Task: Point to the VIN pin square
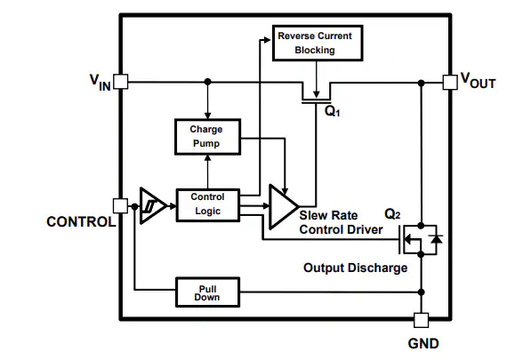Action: (121, 82)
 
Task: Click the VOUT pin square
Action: (450, 82)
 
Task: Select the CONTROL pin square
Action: (120, 206)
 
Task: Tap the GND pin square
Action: (422, 320)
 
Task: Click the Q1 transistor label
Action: (333, 111)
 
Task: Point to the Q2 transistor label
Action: (392, 213)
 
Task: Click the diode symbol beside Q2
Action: (436, 238)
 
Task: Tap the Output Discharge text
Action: (355, 268)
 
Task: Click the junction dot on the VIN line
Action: (208, 82)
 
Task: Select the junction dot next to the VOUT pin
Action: (422, 83)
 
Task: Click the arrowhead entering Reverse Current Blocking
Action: (267, 40)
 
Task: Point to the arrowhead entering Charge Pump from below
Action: (207, 157)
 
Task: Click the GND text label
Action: (423, 343)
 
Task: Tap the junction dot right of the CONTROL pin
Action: (134, 206)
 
